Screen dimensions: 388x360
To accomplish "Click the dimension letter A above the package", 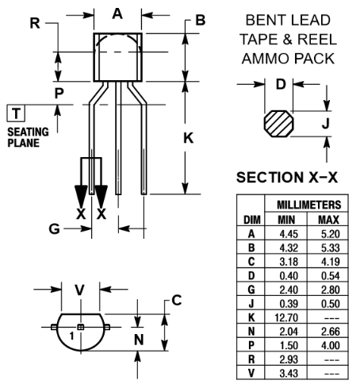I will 117,13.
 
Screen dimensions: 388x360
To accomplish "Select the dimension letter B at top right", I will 201,19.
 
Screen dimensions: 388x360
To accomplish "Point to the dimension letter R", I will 34,23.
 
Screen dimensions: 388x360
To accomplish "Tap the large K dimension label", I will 189,137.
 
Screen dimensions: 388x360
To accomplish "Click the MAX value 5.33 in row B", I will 330,247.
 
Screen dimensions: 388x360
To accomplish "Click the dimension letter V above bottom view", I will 79,290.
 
